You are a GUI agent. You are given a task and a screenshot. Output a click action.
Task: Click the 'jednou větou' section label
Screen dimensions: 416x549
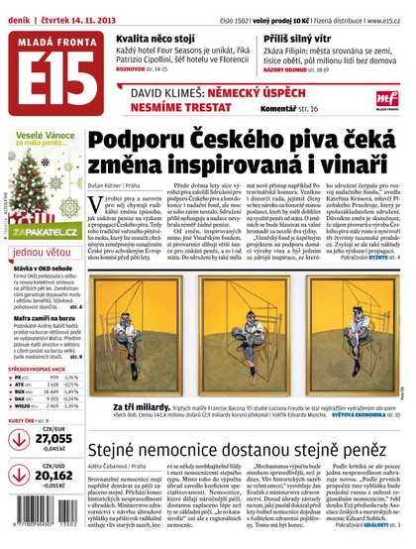43,252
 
